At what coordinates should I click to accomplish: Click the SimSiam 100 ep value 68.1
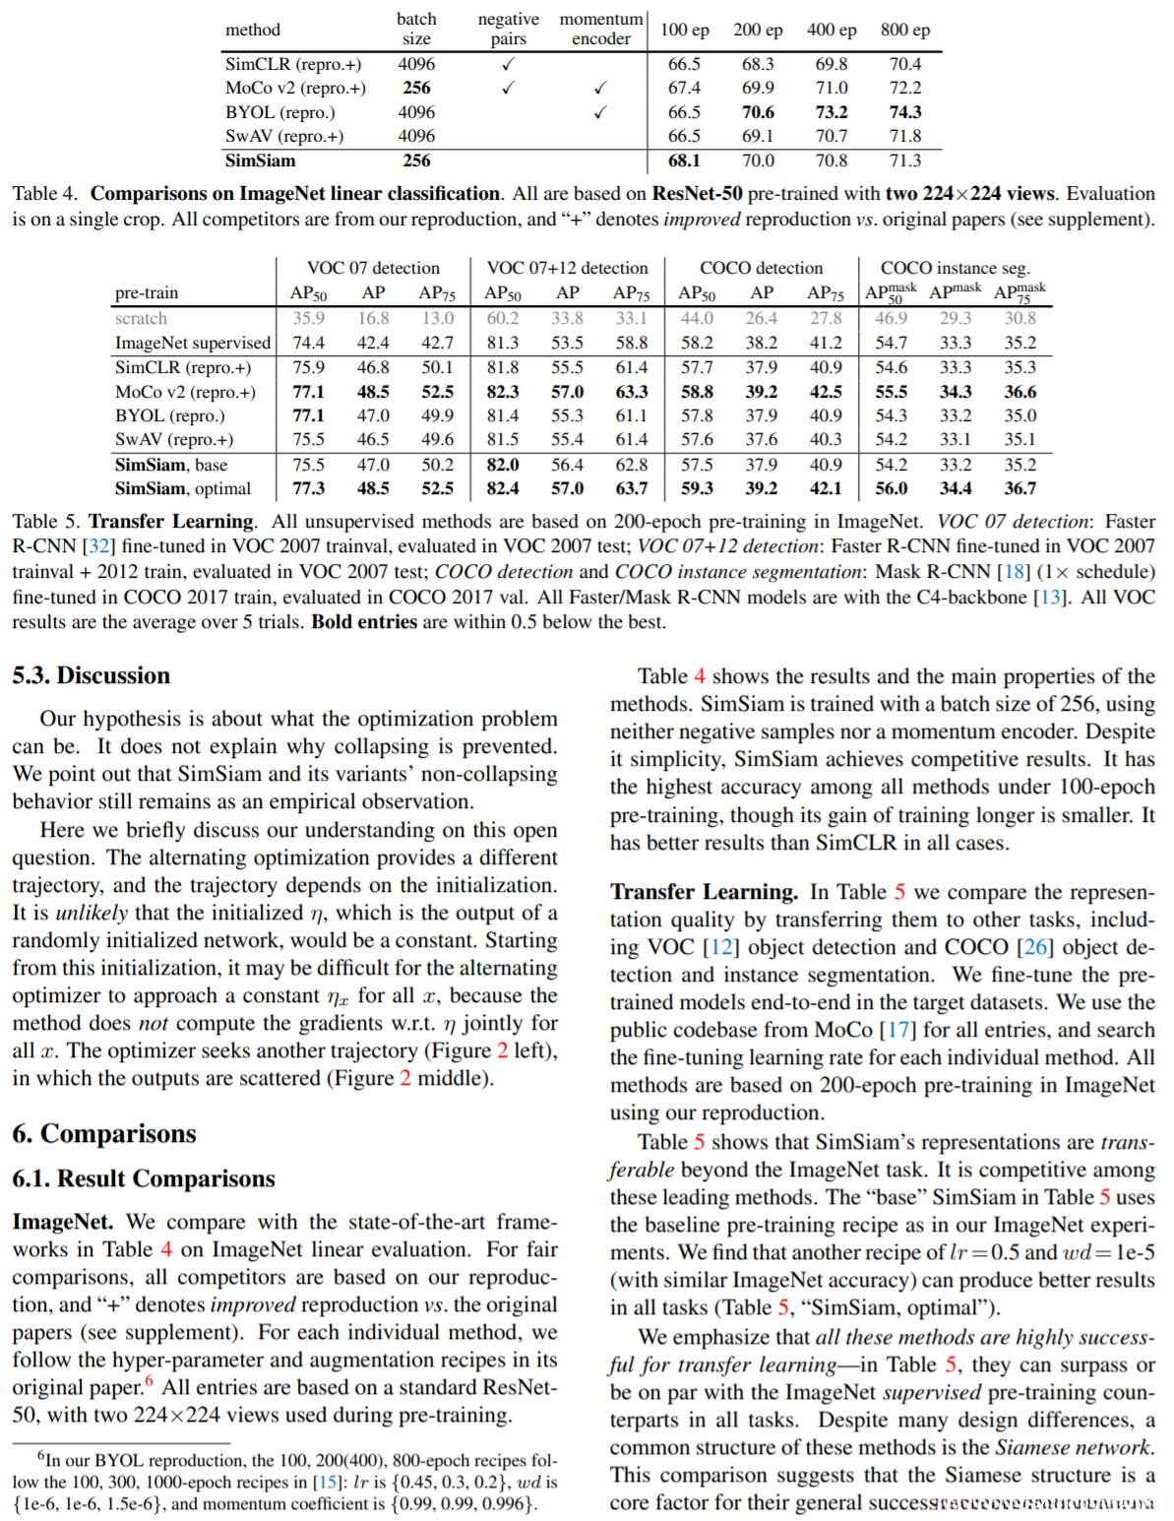[x=684, y=160]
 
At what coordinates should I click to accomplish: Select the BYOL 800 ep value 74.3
[x=904, y=112]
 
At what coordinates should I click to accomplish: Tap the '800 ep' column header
[x=904, y=30]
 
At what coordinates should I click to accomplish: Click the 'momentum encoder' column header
[x=600, y=30]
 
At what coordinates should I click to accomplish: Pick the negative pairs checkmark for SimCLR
[x=508, y=64]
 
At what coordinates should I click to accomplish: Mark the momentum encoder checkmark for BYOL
[x=600, y=112]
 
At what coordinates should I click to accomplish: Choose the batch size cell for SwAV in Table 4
[x=416, y=136]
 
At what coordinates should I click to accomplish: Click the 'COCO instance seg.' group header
[x=955, y=268]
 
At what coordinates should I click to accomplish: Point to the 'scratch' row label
[x=141, y=318]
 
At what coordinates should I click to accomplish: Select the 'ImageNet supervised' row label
[x=192, y=343]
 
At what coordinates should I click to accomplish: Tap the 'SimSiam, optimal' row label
[x=182, y=488]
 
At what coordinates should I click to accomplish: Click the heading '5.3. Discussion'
[x=91, y=675]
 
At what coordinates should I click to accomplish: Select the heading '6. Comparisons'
[x=103, y=1133]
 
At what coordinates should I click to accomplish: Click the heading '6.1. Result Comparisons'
[x=143, y=1178]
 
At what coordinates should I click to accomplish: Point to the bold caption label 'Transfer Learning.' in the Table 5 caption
[x=172, y=521]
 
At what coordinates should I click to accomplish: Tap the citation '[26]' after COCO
[x=1034, y=947]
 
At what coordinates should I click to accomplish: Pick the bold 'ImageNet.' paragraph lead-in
[x=62, y=1222]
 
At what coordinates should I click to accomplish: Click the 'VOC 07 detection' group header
[x=373, y=268]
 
